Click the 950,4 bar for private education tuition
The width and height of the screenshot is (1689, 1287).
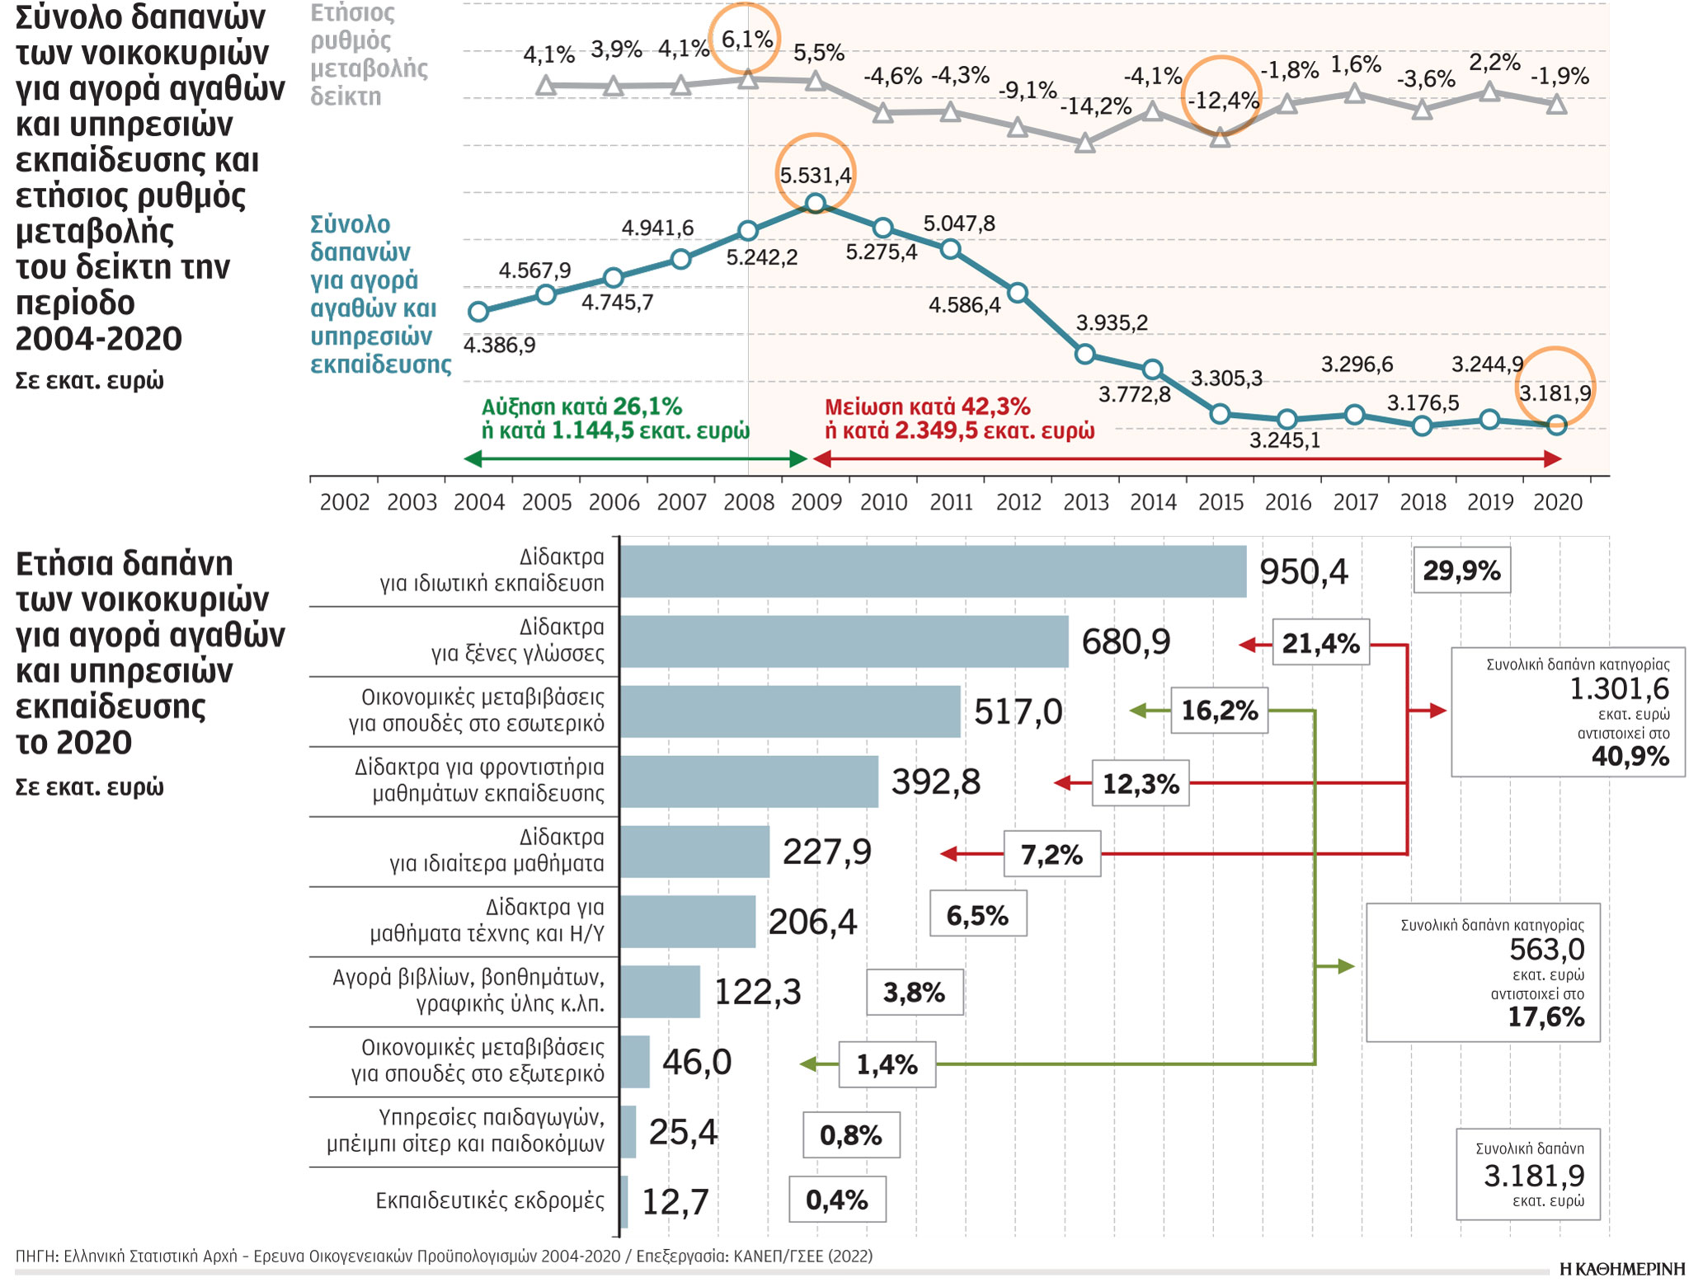point(932,571)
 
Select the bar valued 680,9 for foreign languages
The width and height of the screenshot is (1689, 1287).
point(843,641)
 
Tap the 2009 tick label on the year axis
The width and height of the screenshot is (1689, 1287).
point(816,502)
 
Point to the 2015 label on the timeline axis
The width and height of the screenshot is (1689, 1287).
point(1221,502)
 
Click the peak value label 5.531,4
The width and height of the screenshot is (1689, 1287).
point(816,175)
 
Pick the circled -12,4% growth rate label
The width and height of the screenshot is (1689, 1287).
point(1223,101)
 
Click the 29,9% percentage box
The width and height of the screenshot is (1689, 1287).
point(1461,571)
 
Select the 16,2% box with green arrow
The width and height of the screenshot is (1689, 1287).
point(1219,711)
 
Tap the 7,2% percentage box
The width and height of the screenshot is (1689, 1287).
point(1052,854)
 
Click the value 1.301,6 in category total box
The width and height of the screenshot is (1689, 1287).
point(1618,688)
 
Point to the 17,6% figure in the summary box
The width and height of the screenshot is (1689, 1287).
point(1546,1017)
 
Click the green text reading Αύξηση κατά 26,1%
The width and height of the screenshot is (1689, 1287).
point(581,406)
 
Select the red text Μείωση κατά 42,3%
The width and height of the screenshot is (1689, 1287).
point(927,406)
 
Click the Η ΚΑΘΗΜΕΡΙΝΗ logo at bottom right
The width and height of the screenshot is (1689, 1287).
point(1621,1270)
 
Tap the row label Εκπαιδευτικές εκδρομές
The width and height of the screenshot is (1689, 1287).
point(489,1200)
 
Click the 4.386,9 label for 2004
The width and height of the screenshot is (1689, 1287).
point(499,345)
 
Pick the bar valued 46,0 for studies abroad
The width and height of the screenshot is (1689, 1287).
point(634,1062)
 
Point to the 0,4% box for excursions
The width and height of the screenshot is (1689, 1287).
point(836,1200)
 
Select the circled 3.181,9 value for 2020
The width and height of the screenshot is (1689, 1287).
point(1555,392)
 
